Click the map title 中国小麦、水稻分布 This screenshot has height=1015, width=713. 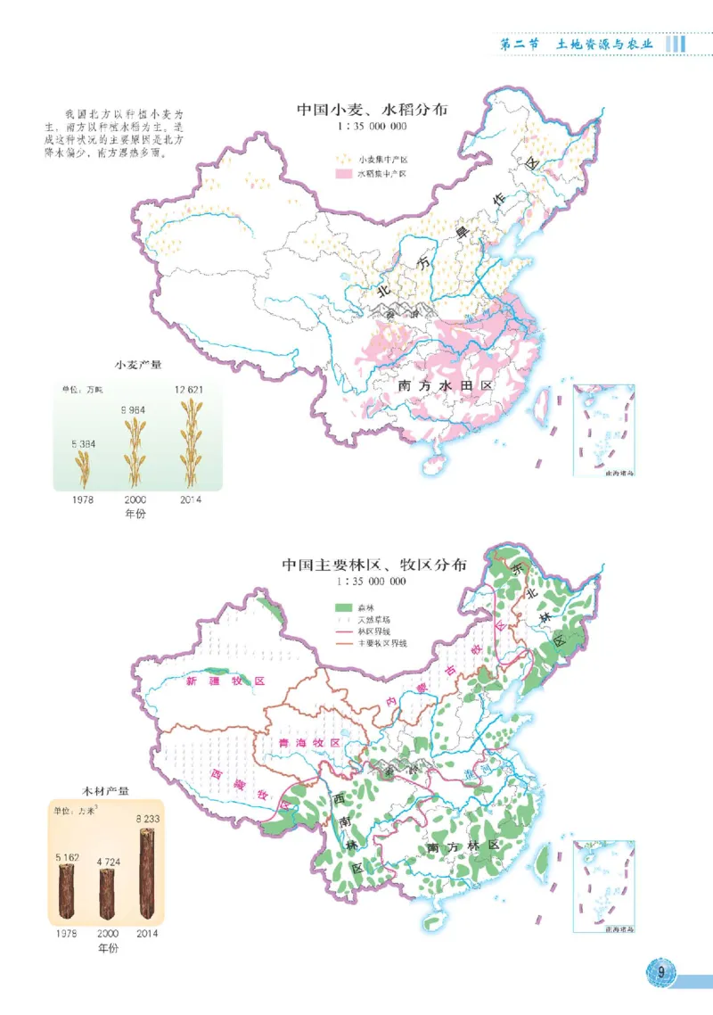(x=373, y=111)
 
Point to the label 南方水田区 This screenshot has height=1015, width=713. (x=446, y=386)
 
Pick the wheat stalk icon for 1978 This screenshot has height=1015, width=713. (x=82, y=467)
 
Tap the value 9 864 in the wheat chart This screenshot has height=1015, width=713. (x=134, y=409)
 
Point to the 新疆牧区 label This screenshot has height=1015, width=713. (x=225, y=681)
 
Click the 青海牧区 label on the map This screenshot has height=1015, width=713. (x=309, y=742)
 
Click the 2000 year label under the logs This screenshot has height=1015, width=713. (x=108, y=934)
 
